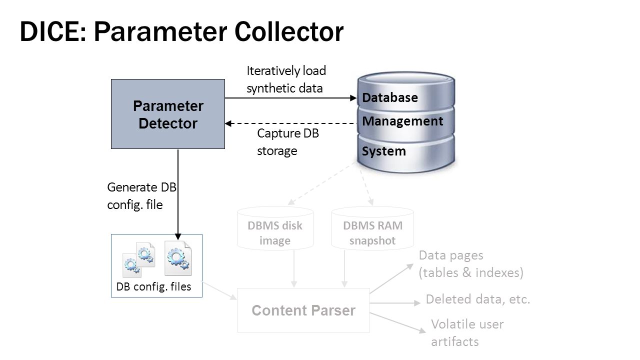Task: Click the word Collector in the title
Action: [x=289, y=31]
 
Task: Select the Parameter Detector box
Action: [x=168, y=114]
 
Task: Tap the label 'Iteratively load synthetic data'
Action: [x=286, y=79]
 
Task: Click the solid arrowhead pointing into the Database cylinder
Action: [x=353, y=98]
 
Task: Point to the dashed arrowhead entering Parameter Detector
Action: [x=228, y=123]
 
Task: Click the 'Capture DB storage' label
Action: [x=287, y=142]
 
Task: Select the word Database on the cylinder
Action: [x=390, y=97]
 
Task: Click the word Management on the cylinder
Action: [x=402, y=121]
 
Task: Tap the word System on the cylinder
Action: [x=383, y=151]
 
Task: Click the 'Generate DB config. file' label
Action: [x=141, y=196]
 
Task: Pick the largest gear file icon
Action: [x=178, y=258]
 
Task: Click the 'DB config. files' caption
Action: [x=153, y=286]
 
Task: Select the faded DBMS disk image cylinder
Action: [x=275, y=228]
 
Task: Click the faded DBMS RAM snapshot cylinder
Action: [x=372, y=228]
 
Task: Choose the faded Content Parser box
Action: [x=303, y=310]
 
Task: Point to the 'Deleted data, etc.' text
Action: [x=477, y=299]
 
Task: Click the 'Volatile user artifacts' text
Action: [x=467, y=333]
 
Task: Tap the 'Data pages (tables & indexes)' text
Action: [x=471, y=264]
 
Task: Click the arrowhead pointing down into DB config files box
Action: [x=178, y=237]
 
